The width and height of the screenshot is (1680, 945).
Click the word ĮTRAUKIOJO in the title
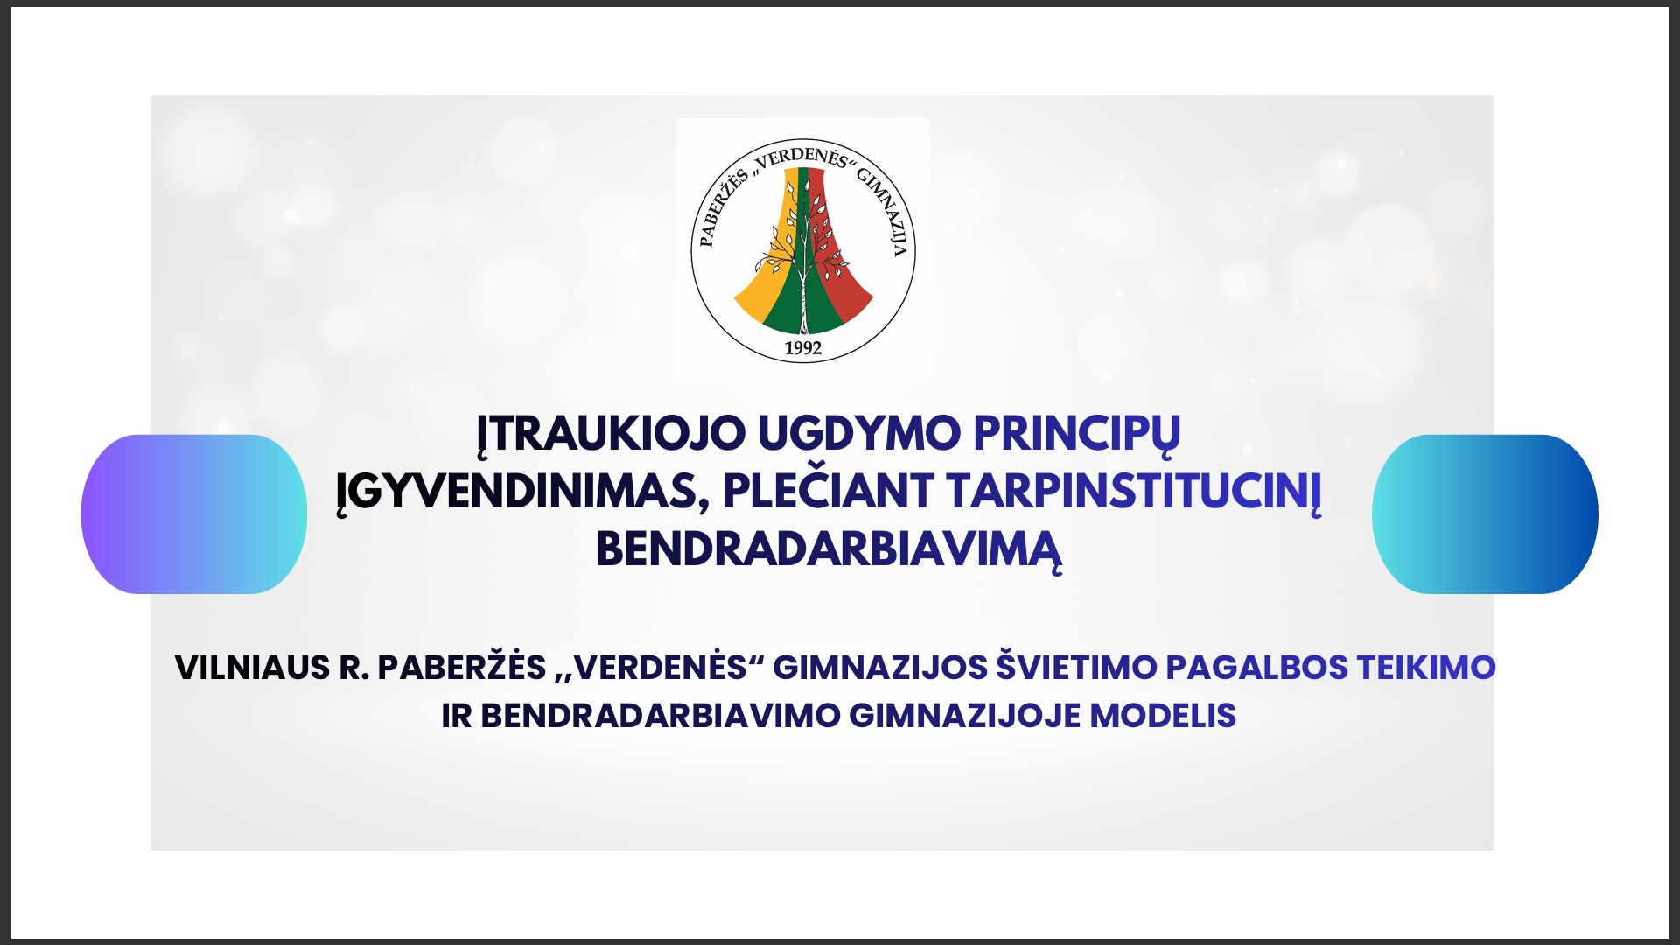click(x=611, y=435)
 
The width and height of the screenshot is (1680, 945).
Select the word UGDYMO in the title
click(x=859, y=433)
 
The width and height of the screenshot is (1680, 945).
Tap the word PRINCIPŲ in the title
click(x=1077, y=435)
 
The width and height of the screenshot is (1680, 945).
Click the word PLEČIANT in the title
click(x=829, y=490)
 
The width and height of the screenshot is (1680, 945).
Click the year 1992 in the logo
click(x=803, y=348)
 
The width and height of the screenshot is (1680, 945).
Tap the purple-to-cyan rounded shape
click(x=194, y=514)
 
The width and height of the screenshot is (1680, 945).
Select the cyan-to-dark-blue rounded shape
click(x=1485, y=514)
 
